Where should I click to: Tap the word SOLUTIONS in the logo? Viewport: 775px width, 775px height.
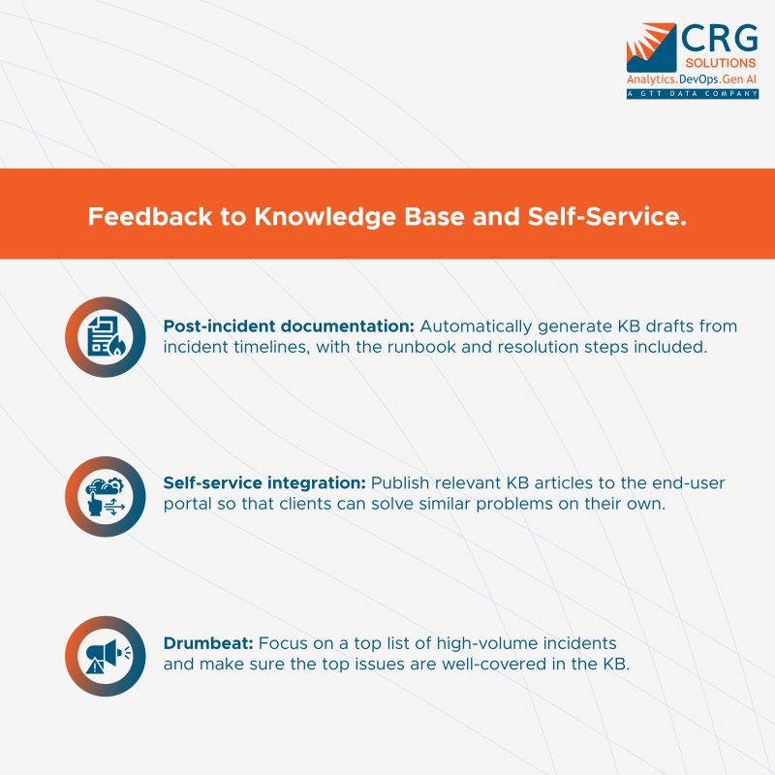click(x=719, y=62)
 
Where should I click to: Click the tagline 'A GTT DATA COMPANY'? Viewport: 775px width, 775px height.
click(x=692, y=94)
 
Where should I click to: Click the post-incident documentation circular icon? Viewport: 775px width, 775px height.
click(x=106, y=337)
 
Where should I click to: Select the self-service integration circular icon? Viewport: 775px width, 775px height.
click(x=106, y=496)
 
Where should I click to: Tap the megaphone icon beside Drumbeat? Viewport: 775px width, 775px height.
click(x=106, y=655)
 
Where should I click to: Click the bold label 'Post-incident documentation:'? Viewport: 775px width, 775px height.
click(x=289, y=326)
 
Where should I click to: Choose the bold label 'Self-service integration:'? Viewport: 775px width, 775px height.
click(x=264, y=483)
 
